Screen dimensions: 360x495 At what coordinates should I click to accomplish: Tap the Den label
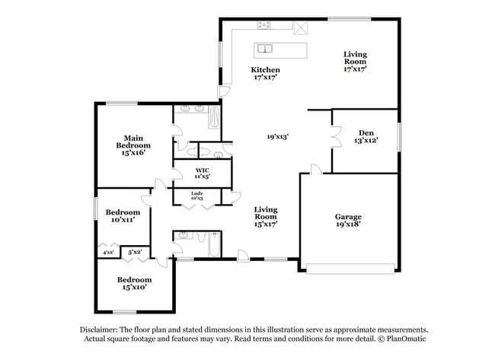tap(366, 136)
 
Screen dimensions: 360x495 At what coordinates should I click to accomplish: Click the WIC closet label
tap(202, 173)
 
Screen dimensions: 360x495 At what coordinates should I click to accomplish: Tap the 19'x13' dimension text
tap(277, 137)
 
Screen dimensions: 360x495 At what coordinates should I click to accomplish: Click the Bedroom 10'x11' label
tap(123, 215)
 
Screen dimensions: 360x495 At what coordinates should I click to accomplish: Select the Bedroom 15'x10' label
tap(133, 282)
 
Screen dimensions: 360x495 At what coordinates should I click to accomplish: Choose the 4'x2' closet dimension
tap(107, 252)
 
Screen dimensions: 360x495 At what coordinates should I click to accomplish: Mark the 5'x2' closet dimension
tap(135, 251)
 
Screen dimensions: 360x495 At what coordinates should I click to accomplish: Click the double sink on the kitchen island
tap(266, 50)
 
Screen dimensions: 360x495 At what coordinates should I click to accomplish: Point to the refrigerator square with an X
tap(301, 29)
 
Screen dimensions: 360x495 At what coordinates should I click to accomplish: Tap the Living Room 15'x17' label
tap(265, 217)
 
